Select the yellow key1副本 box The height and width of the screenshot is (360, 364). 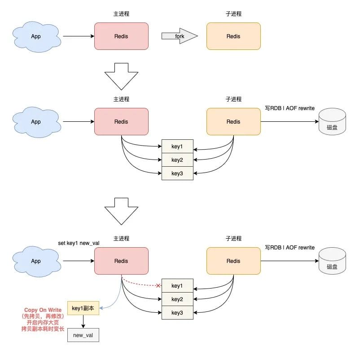(83, 308)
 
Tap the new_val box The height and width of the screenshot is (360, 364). (83, 335)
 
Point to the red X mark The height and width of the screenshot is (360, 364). (158, 285)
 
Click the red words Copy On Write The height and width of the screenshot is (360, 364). (43, 310)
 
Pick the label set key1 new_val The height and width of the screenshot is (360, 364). (79, 243)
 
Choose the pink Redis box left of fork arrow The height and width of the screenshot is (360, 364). (121, 36)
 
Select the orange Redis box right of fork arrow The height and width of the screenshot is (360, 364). (233, 36)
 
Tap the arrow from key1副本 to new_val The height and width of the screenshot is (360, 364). (83, 321)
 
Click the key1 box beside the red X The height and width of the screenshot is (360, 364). (177, 285)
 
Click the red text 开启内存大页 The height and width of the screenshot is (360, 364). (43, 323)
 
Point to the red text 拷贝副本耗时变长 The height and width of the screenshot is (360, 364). (43, 329)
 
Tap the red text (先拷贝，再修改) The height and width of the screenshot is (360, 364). (43, 316)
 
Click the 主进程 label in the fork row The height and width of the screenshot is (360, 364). (121, 14)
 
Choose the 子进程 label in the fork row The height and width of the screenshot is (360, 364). (233, 14)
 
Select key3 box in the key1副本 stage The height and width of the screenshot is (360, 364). (177, 312)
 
